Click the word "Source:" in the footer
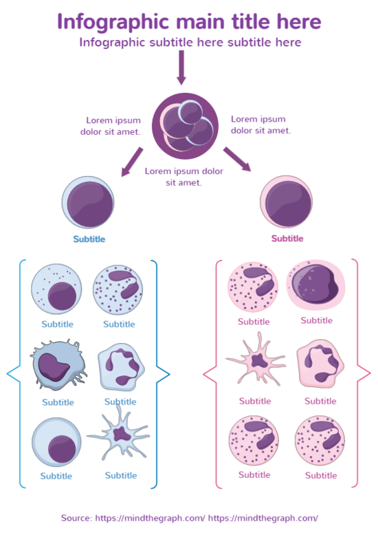(x=77, y=518)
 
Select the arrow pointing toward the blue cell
(x=132, y=162)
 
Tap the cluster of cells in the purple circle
(x=184, y=125)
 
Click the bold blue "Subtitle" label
(x=89, y=239)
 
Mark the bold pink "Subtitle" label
(x=287, y=239)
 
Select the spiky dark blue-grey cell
(x=56, y=367)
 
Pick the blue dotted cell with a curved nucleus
(x=118, y=289)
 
